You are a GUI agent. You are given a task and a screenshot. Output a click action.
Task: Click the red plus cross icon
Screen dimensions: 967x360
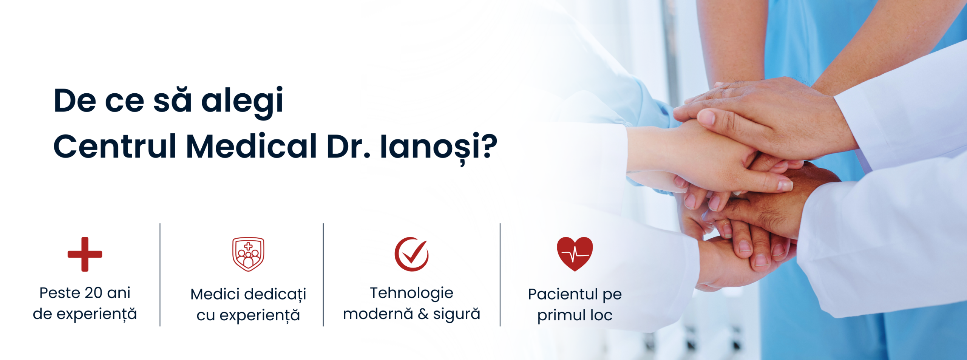point(85,254)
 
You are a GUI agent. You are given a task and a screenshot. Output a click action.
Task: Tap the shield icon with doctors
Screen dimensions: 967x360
point(248,254)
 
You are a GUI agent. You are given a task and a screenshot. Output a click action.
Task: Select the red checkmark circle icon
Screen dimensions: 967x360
point(412,254)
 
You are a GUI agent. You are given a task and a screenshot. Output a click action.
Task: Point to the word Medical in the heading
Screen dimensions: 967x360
point(252,146)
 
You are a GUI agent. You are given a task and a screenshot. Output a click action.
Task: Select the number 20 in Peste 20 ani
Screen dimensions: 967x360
point(93,293)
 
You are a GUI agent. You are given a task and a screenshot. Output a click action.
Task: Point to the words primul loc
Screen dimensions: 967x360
point(575,315)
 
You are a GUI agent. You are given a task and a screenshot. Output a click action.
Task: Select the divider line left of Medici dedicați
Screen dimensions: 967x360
point(160,275)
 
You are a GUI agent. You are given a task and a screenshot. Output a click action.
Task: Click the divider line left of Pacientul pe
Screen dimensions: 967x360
point(500,275)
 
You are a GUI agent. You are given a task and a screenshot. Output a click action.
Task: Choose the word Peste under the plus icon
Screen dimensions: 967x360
point(60,293)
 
